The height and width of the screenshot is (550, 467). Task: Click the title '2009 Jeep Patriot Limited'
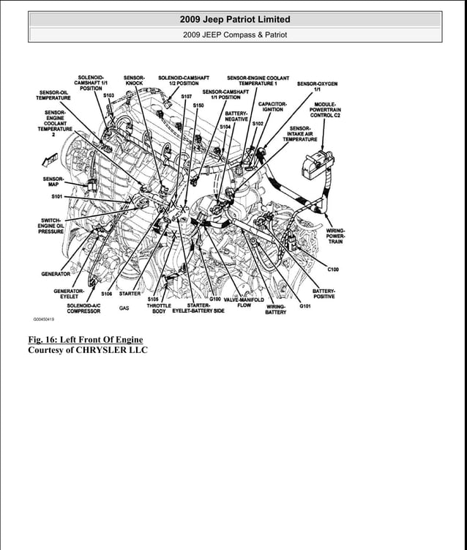tap(235, 19)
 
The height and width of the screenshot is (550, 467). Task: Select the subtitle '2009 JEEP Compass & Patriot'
tap(235, 34)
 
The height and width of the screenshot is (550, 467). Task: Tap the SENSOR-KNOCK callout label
tap(134, 81)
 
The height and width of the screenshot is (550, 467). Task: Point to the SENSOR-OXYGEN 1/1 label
tap(317, 86)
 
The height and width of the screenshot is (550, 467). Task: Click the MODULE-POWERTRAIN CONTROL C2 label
tap(325, 110)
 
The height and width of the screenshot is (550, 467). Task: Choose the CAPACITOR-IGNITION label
tap(272, 107)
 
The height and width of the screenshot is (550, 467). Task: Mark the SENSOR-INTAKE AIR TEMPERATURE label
tap(299, 133)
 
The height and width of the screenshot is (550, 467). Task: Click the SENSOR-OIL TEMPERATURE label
tap(53, 95)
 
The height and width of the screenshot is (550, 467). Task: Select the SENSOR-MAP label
tap(53, 182)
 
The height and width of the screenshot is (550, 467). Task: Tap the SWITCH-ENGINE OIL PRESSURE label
tap(51, 226)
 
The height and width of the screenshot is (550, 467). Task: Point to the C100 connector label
tap(333, 270)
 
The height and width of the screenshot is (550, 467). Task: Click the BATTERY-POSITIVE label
tap(324, 294)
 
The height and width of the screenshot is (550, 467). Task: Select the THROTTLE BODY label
tap(158, 308)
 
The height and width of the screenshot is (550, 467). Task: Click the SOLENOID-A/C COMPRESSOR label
tap(83, 308)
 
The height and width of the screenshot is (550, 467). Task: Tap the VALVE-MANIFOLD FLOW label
tap(244, 302)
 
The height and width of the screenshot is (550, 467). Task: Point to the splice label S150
tap(198, 105)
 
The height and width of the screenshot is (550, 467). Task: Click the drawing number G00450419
tap(43, 320)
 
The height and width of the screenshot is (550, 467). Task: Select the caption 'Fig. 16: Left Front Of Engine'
tap(85, 339)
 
